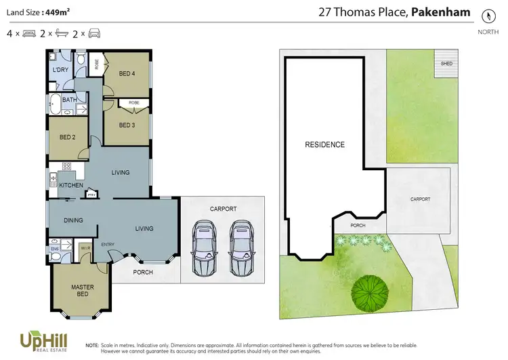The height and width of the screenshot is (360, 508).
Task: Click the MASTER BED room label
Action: pyautogui.click(x=83, y=291)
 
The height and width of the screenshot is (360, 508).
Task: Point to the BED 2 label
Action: pyautogui.click(x=67, y=136)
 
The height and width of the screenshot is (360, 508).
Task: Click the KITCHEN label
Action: pyautogui.click(x=71, y=185)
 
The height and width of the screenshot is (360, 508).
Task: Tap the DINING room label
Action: pyautogui.click(x=73, y=220)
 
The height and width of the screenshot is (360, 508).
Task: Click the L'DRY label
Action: pyautogui.click(x=59, y=71)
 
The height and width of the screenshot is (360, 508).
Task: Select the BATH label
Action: pyautogui.click(x=69, y=100)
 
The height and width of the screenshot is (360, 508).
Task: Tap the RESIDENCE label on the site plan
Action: pyautogui.click(x=324, y=144)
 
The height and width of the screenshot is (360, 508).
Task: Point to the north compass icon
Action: pyautogui.click(x=486, y=15)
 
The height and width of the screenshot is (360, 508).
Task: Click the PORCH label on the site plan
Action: pyautogui.click(x=358, y=225)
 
